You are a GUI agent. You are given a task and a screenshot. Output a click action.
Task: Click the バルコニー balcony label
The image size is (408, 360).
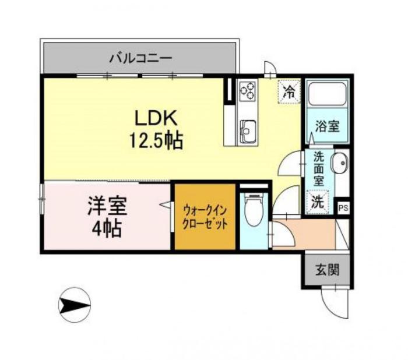pos(141,58)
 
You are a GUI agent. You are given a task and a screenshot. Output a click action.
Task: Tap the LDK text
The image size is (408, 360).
pos(156,118)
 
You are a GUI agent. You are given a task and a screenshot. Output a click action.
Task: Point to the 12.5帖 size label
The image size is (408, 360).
pos(156,141)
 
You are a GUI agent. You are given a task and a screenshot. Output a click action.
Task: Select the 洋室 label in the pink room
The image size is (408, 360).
pos(107,206)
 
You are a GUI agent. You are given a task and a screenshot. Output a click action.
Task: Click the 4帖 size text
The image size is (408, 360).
pos(107,228)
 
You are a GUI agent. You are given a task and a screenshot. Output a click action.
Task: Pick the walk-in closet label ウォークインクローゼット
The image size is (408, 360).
pos(205,217)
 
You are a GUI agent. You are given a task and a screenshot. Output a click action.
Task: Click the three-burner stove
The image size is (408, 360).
pos(248,90)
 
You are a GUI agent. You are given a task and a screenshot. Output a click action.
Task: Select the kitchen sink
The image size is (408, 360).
pos(248,131)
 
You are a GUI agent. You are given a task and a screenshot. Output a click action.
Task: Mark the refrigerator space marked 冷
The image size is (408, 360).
pos(289,92)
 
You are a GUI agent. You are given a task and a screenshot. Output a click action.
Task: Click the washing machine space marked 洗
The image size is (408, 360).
pos(318,202)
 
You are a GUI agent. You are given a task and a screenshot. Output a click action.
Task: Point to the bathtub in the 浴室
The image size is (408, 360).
pos(327,94)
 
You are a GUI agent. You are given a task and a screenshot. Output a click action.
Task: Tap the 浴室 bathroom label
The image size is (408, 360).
pos(328,126)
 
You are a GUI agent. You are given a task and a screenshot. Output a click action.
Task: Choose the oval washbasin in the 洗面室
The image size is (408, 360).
pos(339,163)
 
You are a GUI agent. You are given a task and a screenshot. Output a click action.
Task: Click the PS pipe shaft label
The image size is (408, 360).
pos(343,208)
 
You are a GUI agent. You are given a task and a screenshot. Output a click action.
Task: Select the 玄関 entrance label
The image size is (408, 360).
pos(328,270)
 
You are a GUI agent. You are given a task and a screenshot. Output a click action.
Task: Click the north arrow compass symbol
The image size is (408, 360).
pos(75,304)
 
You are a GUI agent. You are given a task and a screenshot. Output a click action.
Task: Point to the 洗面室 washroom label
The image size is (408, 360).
pos(318,169)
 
